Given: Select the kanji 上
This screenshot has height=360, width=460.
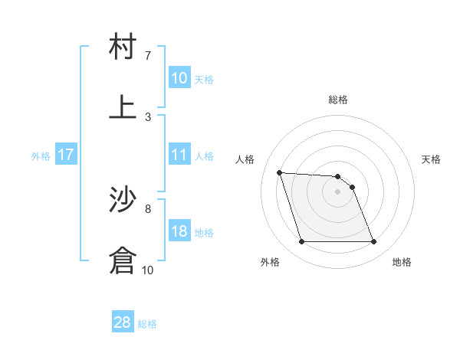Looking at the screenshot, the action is click(x=123, y=106).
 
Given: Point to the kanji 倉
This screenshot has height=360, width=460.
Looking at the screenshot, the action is click(x=123, y=260).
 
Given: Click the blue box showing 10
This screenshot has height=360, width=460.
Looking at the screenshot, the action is click(x=179, y=78).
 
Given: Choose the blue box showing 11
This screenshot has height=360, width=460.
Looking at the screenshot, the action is click(x=179, y=155).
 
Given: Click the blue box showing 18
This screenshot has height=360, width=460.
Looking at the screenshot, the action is click(x=179, y=231).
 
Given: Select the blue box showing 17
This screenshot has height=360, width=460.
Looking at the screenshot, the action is click(x=66, y=155).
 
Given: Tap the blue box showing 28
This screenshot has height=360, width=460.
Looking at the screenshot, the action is click(x=123, y=322).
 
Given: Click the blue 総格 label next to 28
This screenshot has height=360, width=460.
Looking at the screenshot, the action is click(x=147, y=324).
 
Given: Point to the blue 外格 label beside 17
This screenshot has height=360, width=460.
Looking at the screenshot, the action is click(x=41, y=156).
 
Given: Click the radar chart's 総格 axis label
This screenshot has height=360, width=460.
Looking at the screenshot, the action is click(x=338, y=100).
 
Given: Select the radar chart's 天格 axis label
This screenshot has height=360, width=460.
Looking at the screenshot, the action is click(x=432, y=159).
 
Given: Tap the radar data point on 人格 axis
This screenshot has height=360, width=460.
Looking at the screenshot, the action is click(x=280, y=172).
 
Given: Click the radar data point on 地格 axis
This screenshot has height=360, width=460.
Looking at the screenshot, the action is click(x=373, y=242).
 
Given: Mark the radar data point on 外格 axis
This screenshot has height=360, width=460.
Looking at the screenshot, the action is click(x=301, y=242).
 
